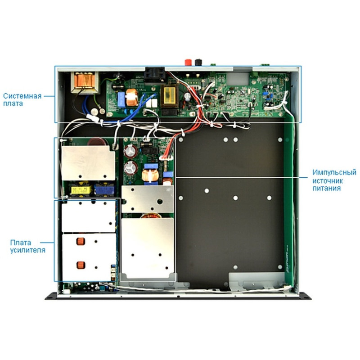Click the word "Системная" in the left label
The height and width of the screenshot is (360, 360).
click(x=22, y=96)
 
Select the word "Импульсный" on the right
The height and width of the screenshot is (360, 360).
click(x=334, y=172)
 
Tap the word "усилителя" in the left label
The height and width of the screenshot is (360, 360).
click(x=27, y=250)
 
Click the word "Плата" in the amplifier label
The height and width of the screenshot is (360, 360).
click(x=20, y=243)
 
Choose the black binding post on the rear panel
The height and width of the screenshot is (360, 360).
click(x=195, y=63)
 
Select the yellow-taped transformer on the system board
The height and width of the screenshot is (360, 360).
click(x=170, y=95)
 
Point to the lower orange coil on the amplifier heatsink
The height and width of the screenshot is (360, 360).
click(x=81, y=265)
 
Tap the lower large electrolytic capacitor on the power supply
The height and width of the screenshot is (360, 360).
click(x=131, y=167)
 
